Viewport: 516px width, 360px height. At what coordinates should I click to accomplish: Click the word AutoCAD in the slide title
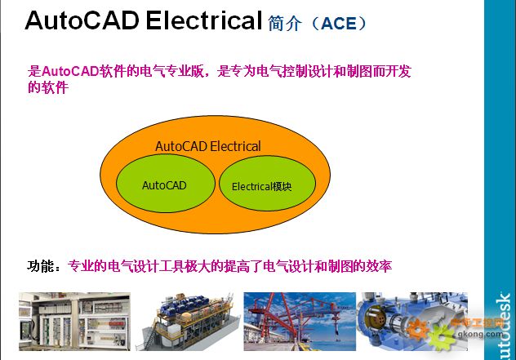click(82, 20)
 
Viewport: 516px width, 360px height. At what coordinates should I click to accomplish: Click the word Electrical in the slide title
click(204, 20)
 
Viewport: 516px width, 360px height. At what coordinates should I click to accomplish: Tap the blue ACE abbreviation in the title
click(339, 24)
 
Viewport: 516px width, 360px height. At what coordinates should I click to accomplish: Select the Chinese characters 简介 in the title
click(285, 24)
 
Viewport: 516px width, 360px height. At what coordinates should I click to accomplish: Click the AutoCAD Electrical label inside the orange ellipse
click(208, 146)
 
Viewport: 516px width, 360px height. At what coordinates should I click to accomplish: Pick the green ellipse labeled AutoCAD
click(166, 184)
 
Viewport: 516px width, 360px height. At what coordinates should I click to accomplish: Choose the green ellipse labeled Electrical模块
click(267, 184)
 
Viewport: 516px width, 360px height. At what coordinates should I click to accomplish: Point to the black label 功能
click(41, 266)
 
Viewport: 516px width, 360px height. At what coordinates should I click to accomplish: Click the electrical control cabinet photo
click(74, 322)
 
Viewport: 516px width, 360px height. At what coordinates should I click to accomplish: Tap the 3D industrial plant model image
click(188, 322)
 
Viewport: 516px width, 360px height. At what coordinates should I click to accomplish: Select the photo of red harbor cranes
click(300, 322)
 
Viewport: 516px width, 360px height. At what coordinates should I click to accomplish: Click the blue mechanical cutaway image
click(412, 322)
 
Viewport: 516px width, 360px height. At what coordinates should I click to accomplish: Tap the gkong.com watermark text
click(480, 335)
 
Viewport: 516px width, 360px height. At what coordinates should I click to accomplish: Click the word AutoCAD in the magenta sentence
click(70, 71)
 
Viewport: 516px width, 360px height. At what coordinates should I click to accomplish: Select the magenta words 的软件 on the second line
click(48, 87)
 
